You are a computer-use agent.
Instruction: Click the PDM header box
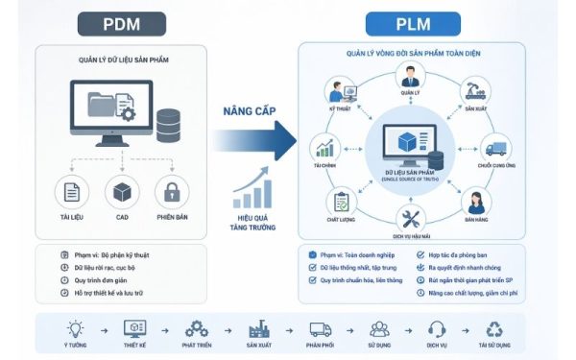(124, 23)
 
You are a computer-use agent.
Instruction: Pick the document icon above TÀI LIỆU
(71, 192)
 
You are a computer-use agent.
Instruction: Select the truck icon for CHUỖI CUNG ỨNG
(496, 149)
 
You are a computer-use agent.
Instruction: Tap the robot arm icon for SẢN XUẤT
(473, 92)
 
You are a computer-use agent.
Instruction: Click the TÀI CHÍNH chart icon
(327, 149)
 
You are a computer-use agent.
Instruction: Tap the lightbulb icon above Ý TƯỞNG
(70, 328)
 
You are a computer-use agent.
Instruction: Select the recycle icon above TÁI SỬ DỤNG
(497, 328)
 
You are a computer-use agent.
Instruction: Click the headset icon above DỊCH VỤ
(437, 328)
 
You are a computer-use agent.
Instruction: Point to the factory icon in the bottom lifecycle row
(255, 328)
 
